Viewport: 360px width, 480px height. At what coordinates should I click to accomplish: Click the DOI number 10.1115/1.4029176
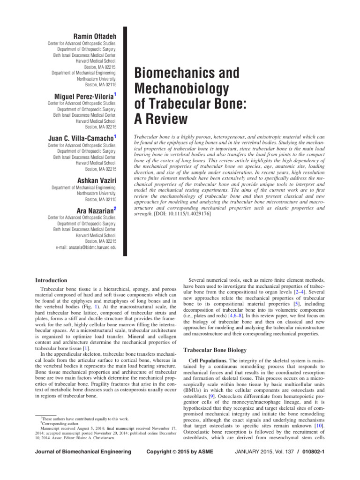[189, 214]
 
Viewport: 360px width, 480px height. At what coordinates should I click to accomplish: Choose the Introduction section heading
[52, 280]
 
